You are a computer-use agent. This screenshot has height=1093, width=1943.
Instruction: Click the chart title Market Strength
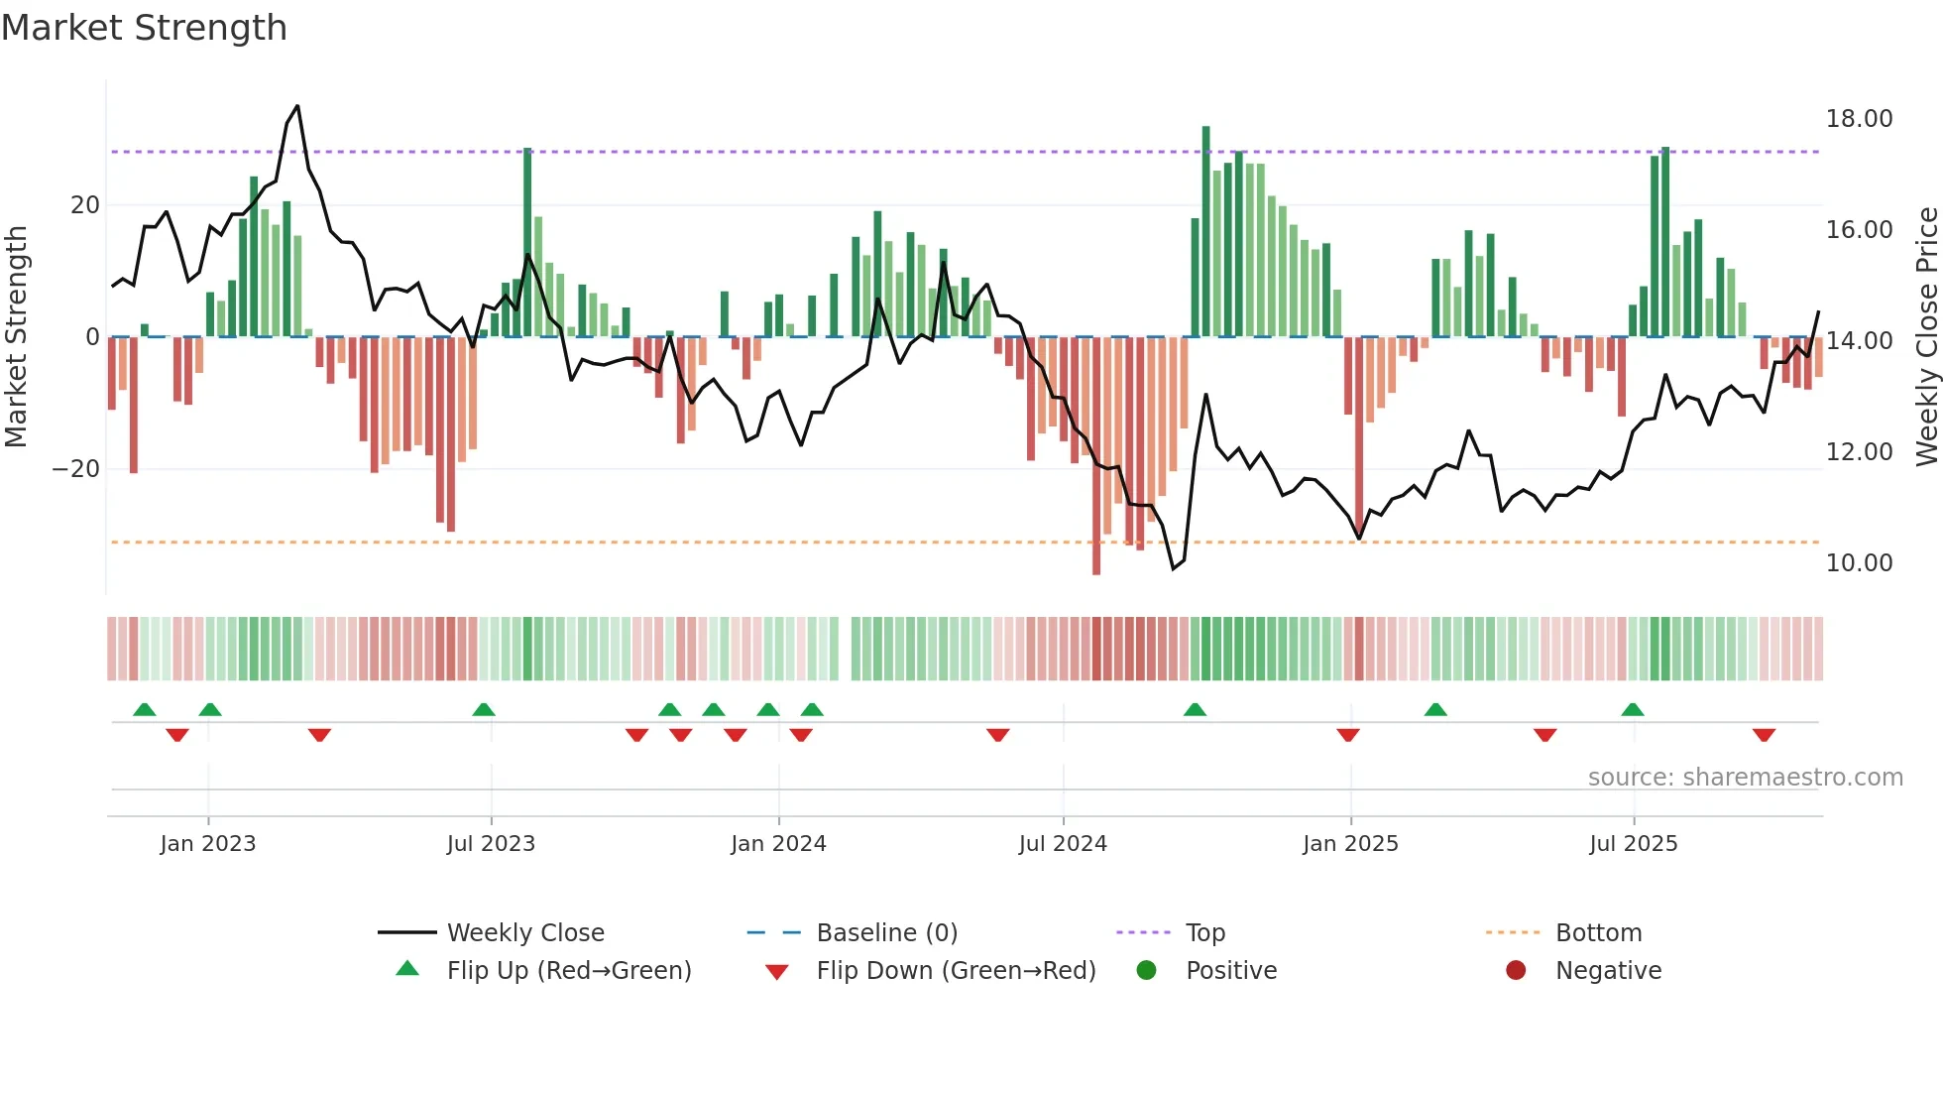pyautogui.click(x=144, y=28)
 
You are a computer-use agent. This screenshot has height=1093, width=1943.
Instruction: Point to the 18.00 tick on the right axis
pyautogui.click(x=1859, y=119)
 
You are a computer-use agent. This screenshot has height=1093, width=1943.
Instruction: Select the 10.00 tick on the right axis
pyautogui.click(x=1859, y=563)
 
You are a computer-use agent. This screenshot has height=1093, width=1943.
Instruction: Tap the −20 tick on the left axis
pyautogui.click(x=76, y=469)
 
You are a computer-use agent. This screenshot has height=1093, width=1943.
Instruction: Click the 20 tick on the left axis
pyautogui.click(x=85, y=205)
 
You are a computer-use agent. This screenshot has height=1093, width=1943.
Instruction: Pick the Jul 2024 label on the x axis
pyautogui.click(x=1063, y=844)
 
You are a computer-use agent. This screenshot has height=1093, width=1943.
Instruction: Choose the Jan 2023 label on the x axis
pyautogui.click(x=208, y=844)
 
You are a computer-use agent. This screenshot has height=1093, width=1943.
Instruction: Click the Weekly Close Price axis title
pyautogui.click(x=1926, y=337)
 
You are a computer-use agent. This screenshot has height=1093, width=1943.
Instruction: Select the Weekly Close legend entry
pyautogui.click(x=525, y=933)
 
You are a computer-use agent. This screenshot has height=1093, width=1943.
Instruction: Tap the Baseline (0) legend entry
pyautogui.click(x=886, y=933)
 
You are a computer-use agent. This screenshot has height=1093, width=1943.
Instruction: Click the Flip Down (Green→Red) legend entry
pyautogui.click(x=956, y=971)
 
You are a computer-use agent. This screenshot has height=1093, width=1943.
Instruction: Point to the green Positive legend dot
pyautogui.click(x=1147, y=971)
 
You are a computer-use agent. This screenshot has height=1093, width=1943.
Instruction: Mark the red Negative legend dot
pyautogui.click(x=1516, y=971)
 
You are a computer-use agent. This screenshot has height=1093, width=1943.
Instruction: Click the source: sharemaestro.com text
pyautogui.click(x=1745, y=778)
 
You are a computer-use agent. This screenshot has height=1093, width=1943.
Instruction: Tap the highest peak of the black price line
pyautogui.click(x=297, y=106)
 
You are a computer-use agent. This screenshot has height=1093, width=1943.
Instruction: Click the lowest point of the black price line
pyautogui.click(x=1174, y=568)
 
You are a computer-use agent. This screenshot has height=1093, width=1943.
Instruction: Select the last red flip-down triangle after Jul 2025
pyautogui.click(x=1764, y=735)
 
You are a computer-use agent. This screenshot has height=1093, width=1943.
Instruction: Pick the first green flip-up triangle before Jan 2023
pyautogui.click(x=145, y=709)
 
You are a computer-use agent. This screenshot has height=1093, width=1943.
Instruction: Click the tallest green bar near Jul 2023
pyautogui.click(x=527, y=243)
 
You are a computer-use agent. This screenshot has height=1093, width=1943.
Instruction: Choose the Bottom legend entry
pyautogui.click(x=1598, y=933)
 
